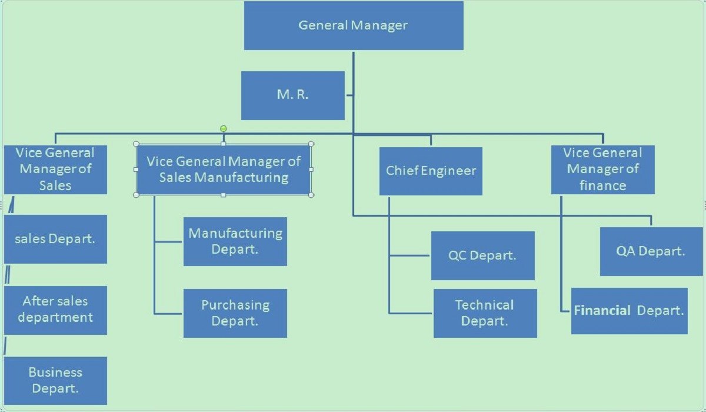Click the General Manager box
point(354,25)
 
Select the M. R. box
point(292,95)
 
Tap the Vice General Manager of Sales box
point(55,170)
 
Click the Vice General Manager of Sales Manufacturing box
point(224,170)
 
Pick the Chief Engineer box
point(431,171)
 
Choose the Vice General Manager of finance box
point(602,170)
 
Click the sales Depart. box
point(55,239)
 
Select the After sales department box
point(55,310)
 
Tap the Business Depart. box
point(55,380)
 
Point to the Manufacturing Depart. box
point(235,241)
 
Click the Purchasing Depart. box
point(235,313)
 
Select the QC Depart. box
point(482,255)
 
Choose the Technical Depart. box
point(485,313)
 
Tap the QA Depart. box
point(651,251)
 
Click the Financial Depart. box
point(629,311)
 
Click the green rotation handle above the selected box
point(223,128)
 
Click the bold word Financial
point(602,311)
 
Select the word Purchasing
point(235,305)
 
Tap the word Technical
point(485,305)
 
